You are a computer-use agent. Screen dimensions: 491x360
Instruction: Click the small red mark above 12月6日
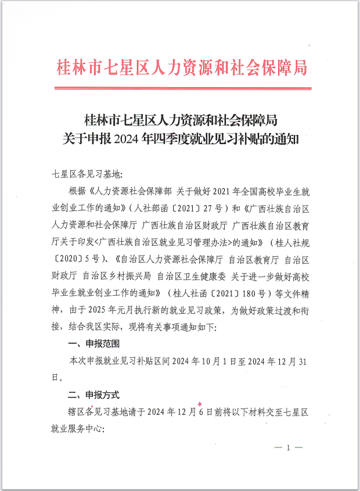click(200, 402)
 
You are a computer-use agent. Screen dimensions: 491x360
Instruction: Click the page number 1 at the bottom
click(287, 449)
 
